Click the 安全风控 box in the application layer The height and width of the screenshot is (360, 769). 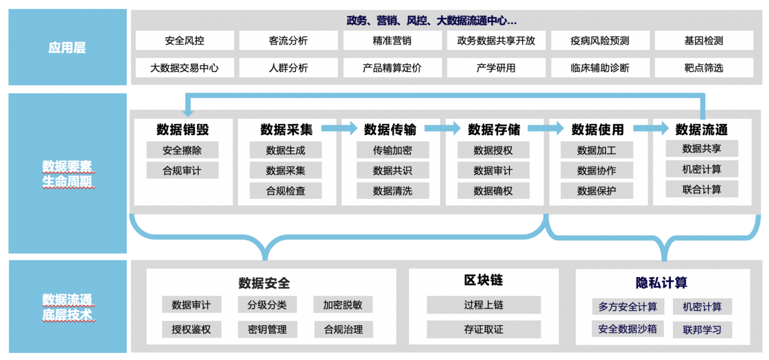pyautogui.click(x=184, y=41)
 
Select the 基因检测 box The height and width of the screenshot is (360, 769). pyautogui.click(x=704, y=41)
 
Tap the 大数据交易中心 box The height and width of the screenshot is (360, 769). pyautogui.click(x=184, y=68)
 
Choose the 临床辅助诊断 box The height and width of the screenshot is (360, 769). pyautogui.click(x=600, y=68)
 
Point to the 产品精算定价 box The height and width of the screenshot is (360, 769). pyautogui.click(x=392, y=68)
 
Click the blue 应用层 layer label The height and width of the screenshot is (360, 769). pyautogui.click(x=67, y=47)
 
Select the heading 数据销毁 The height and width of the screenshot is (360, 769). pyautogui.click(x=183, y=129)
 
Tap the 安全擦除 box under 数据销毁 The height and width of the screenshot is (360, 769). pyautogui.click(x=182, y=150)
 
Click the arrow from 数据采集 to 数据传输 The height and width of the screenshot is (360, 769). pyautogui.click(x=339, y=128)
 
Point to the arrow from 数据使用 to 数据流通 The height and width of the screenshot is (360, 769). pyautogui.click(x=651, y=128)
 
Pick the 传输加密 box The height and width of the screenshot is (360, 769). pyautogui.click(x=392, y=150)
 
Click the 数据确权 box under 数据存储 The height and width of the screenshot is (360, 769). pyautogui.click(x=493, y=191)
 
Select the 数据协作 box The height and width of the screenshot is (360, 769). pyautogui.click(x=597, y=171)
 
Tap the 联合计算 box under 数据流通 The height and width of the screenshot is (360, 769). pyautogui.click(x=702, y=190)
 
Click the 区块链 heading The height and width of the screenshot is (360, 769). pyautogui.click(x=484, y=280)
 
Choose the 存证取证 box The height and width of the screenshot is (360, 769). pyautogui.click(x=484, y=329)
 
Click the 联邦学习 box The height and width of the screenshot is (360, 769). pyautogui.click(x=702, y=329)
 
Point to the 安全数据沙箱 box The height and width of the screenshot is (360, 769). pyautogui.click(x=627, y=329)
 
